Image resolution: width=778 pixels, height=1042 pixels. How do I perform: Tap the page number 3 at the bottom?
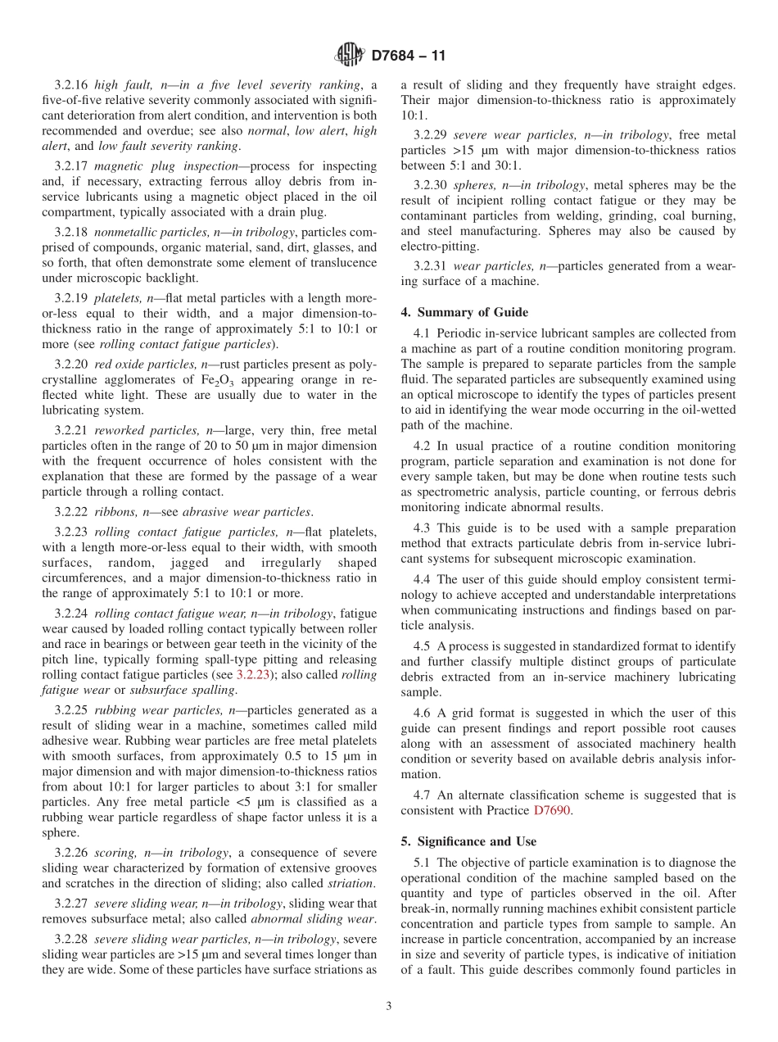(x=389, y=1006)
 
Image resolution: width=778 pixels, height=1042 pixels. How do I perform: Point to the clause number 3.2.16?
(x=71, y=84)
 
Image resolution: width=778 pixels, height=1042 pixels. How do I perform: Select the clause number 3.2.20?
(x=71, y=364)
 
